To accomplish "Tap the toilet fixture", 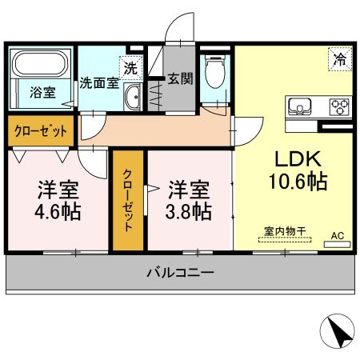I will click(x=214, y=73).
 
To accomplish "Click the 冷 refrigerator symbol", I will click(x=340, y=58).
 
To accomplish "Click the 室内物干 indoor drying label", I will click(x=286, y=232).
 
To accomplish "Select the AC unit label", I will click(x=339, y=236).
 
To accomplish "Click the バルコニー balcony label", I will click(x=180, y=274).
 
